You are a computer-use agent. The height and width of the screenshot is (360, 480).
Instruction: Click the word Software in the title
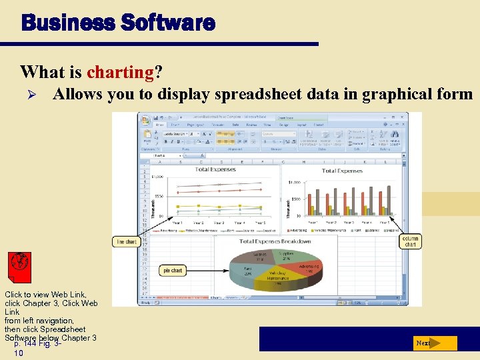(168, 24)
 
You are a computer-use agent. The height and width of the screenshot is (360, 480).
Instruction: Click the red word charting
(121, 71)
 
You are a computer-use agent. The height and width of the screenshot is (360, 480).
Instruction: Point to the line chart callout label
(126, 241)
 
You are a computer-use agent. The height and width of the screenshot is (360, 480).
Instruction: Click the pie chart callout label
(173, 270)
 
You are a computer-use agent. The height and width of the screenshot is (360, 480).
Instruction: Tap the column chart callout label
(411, 241)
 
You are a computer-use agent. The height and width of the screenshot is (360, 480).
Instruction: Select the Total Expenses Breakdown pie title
(275, 241)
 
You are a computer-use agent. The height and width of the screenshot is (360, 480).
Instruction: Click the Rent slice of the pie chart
(248, 271)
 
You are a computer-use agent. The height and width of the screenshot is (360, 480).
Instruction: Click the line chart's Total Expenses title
(215, 169)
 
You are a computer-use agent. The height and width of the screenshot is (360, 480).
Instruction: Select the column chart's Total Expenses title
(342, 171)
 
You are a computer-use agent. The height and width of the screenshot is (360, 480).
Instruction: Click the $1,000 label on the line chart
(157, 177)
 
